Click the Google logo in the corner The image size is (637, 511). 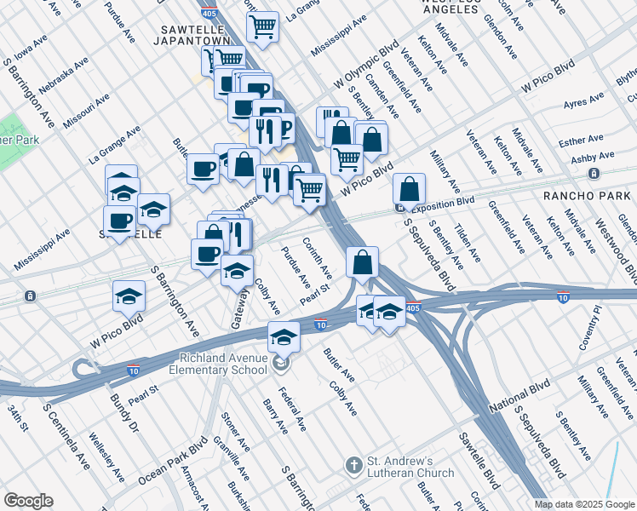[29, 501]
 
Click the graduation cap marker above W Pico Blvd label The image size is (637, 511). [129, 296]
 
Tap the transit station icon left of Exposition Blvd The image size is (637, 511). [399, 207]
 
